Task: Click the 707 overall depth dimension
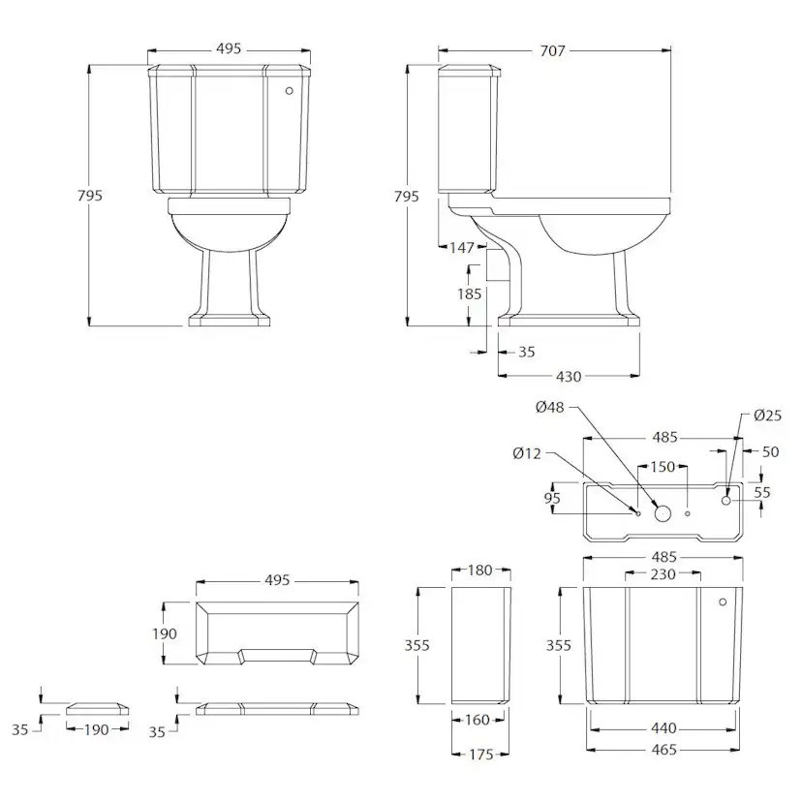pyautogui.click(x=552, y=50)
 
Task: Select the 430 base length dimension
pyautogui.click(x=569, y=377)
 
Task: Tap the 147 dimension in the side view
pyautogui.click(x=462, y=248)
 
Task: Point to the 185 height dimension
pyautogui.click(x=470, y=294)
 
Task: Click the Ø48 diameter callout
pyautogui.click(x=550, y=407)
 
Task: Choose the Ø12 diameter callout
pyautogui.click(x=527, y=453)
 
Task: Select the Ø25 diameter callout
pyautogui.click(x=768, y=416)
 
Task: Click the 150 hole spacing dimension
pyautogui.click(x=663, y=467)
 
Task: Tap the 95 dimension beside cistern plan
pyautogui.click(x=552, y=498)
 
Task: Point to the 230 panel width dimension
pyautogui.click(x=663, y=574)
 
